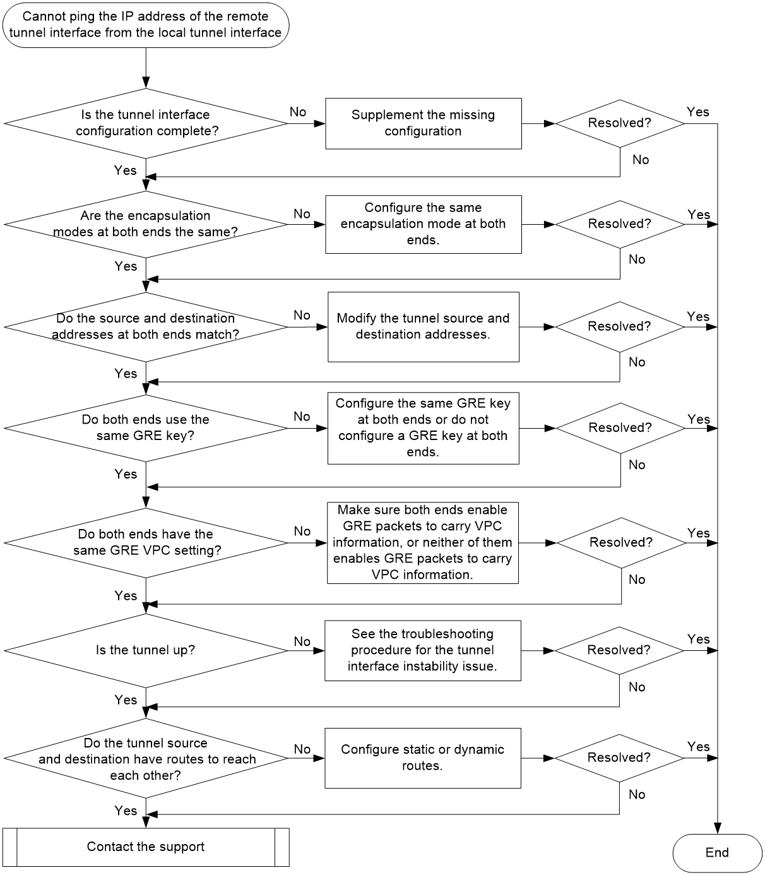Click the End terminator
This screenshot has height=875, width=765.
click(x=716, y=852)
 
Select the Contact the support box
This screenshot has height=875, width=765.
click(x=146, y=847)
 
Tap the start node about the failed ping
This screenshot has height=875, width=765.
click(x=146, y=25)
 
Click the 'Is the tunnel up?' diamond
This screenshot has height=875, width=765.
click(x=146, y=650)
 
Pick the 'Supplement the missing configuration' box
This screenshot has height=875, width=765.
click(x=424, y=124)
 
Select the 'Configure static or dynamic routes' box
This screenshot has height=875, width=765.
click(x=423, y=758)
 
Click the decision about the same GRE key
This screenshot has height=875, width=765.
click(x=146, y=427)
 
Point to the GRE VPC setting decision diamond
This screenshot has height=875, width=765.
click(x=146, y=543)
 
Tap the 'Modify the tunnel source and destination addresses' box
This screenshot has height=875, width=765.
click(x=424, y=327)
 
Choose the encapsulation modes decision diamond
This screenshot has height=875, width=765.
click(x=146, y=224)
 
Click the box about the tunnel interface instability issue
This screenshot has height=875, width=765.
click(x=423, y=650)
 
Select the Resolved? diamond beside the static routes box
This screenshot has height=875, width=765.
click(x=619, y=758)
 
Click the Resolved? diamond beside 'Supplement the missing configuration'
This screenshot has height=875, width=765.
click(x=620, y=124)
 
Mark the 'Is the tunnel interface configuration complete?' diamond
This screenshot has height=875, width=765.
click(x=146, y=123)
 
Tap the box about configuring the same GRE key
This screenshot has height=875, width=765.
click(x=424, y=428)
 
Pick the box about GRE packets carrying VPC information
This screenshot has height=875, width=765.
click(x=423, y=543)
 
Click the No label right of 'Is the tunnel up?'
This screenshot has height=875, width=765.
click(x=302, y=641)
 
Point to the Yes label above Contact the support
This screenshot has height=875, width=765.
click(x=126, y=811)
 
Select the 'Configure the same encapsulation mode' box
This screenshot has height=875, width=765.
click(x=424, y=224)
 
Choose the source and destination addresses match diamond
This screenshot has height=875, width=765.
click(x=146, y=327)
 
